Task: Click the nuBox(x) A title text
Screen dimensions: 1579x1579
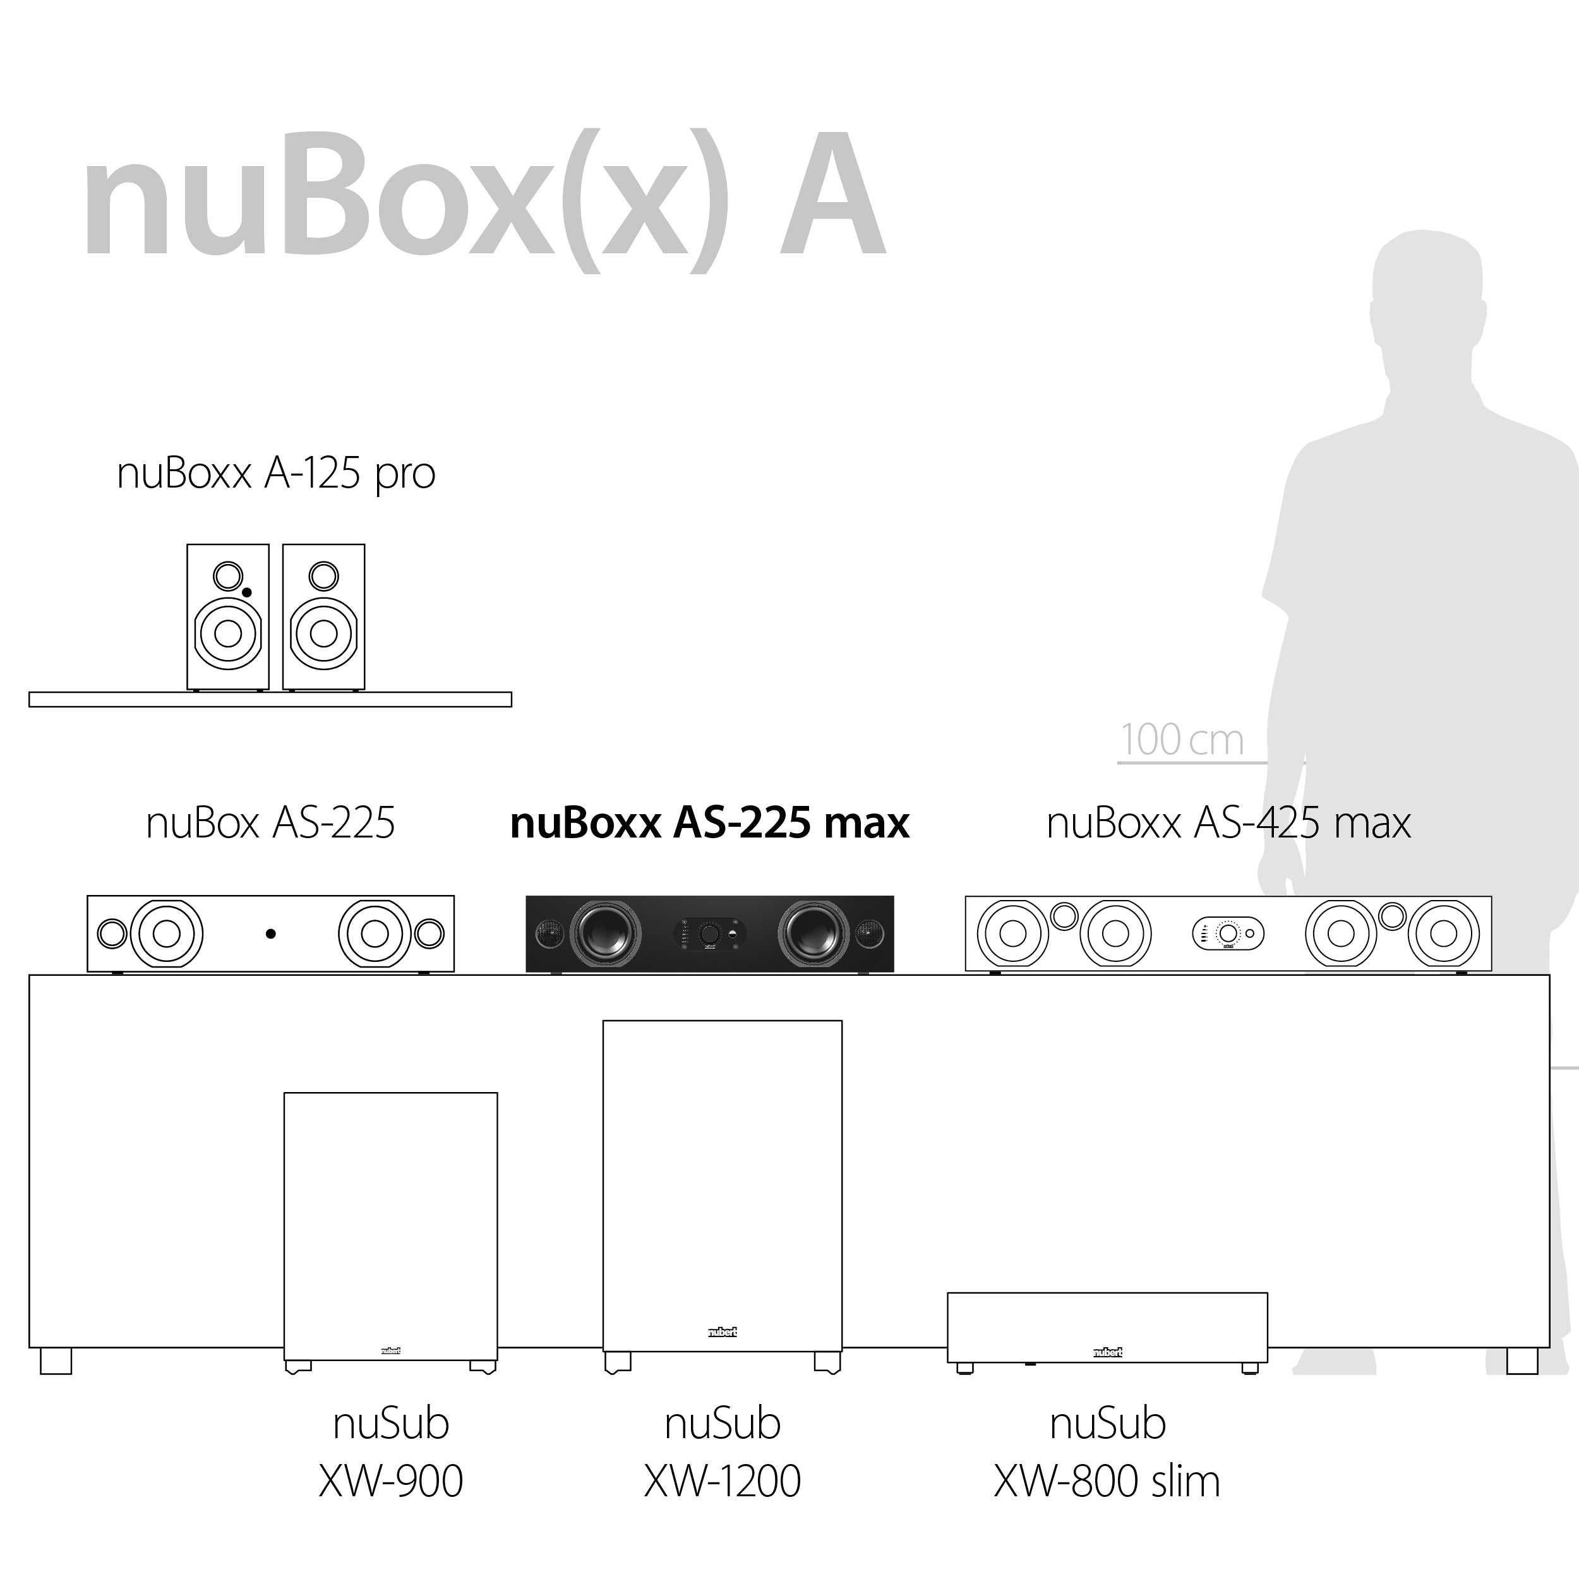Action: [483, 200]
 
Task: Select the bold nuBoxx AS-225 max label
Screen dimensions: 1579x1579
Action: [709, 823]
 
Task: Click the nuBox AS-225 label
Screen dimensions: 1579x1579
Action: [270, 823]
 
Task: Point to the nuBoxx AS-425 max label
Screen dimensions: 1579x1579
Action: [1228, 823]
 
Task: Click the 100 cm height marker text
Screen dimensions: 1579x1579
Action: [1182, 740]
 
